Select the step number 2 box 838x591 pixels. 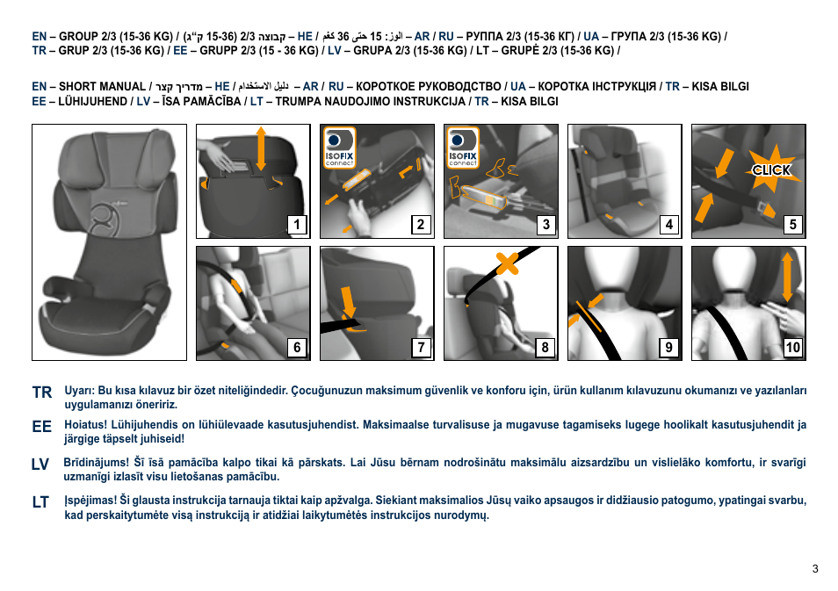(x=421, y=225)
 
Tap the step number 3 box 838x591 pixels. (x=545, y=225)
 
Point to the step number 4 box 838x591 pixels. (x=669, y=225)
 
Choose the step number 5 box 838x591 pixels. (x=792, y=225)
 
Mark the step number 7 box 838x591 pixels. (x=421, y=348)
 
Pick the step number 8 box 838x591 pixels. (x=545, y=348)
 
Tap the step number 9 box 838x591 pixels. (x=669, y=348)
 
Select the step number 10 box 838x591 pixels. (x=792, y=348)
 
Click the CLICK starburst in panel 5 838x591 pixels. (x=770, y=169)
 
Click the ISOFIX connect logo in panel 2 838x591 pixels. (x=339, y=148)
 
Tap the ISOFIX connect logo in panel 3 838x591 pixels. (x=463, y=148)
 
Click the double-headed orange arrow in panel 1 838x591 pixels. (x=262, y=148)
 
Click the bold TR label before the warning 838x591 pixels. (x=42, y=393)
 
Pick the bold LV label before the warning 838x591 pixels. (x=41, y=465)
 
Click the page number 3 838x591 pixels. (x=815, y=569)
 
